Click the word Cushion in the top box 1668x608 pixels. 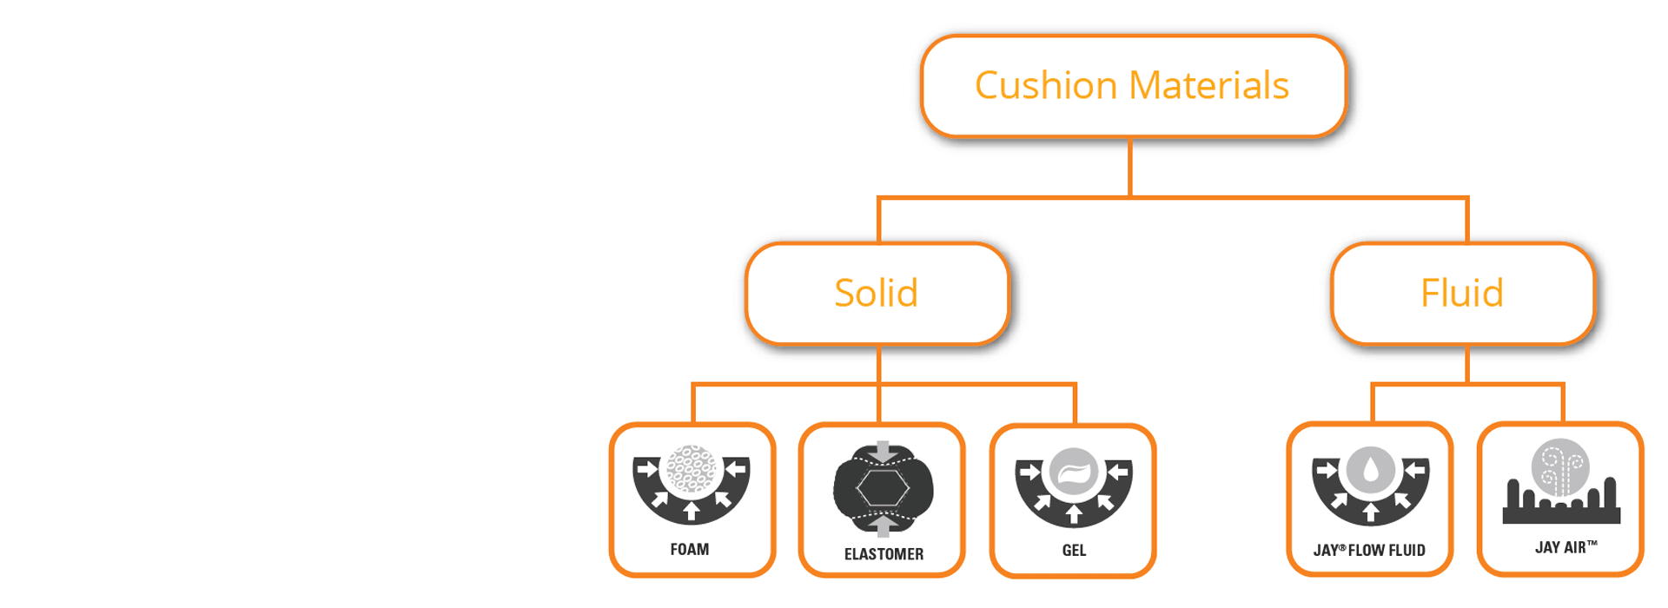(x=1046, y=86)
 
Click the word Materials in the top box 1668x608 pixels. (x=1209, y=86)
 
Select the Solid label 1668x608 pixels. (x=876, y=294)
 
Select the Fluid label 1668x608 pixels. (x=1462, y=294)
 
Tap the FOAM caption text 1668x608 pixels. (x=690, y=550)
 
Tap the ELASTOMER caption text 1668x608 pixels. (x=884, y=554)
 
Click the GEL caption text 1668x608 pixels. (x=1074, y=551)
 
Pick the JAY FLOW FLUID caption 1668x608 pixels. (x=1369, y=551)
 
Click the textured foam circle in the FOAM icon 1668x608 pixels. (x=691, y=470)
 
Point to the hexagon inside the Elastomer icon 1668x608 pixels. (x=883, y=489)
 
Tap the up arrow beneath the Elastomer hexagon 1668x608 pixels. (x=884, y=526)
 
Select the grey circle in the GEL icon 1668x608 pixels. (x=1074, y=473)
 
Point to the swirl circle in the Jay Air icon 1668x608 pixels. (x=1560, y=467)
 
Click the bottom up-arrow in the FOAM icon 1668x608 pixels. (x=692, y=511)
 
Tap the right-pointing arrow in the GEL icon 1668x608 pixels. (x=1029, y=473)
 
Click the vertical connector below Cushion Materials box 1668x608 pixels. (x=1129, y=168)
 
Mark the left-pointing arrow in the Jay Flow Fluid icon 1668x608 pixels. (x=1415, y=471)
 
